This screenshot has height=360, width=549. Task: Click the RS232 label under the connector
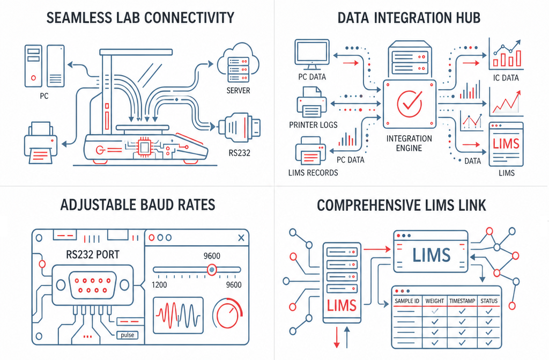tap(240, 153)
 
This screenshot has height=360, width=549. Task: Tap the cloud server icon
tap(238, 63)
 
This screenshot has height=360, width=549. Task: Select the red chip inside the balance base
tap(144, 147)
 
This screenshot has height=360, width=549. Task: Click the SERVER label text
tap(238, 91)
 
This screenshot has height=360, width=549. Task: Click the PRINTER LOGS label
tap(313, 125)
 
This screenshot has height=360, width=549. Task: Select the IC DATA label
tap(506, 78)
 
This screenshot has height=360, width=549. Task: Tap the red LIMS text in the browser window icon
tap(506, 144)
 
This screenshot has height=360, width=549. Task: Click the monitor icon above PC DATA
tap(312, 55)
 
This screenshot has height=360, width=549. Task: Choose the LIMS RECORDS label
tap(313, 172)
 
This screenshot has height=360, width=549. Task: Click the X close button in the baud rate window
tap(241, 238)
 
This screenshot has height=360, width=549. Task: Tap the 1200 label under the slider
tap(159, 285)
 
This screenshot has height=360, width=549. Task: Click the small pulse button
tap(128, 335)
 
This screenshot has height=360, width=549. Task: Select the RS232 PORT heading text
tap(92, 254)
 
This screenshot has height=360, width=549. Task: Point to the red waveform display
tap(178, 315)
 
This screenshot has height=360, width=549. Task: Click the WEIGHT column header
tap(434, 301)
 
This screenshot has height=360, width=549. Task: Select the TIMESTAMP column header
tap(462, 301)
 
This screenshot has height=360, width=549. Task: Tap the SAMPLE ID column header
tap(407, 301)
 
